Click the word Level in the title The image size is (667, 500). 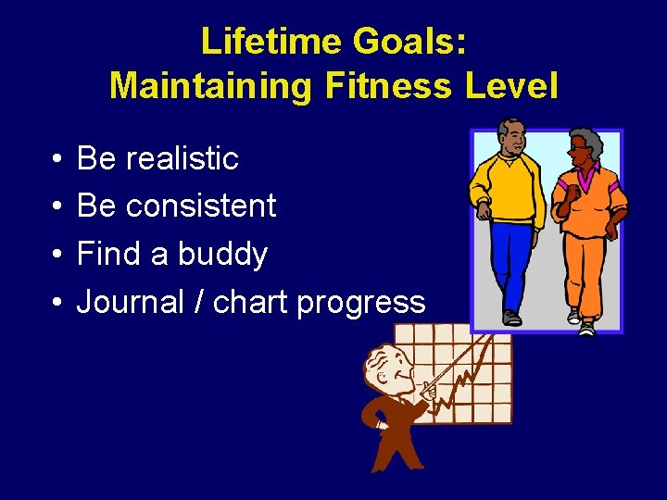[x=512, y=86]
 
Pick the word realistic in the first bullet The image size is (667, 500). [x=182, y=158]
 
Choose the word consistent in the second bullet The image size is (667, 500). [x=201, y=206]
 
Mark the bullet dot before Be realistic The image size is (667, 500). [x=57, y=159]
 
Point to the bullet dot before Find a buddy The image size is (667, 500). [x=57, y=255]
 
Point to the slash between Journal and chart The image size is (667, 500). [x=198, y=302]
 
